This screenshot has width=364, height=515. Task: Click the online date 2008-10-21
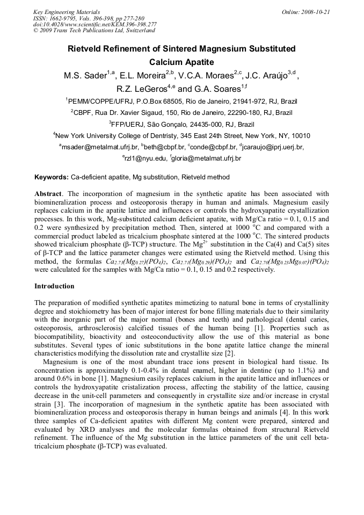tap(313, 12)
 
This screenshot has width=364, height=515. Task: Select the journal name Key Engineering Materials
tap(66, 12)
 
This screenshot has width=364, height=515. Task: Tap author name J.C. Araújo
tap(268, 76)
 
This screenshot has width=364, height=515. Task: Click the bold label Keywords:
tap(52, 177)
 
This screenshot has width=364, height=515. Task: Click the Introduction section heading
tap(54, 286)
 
